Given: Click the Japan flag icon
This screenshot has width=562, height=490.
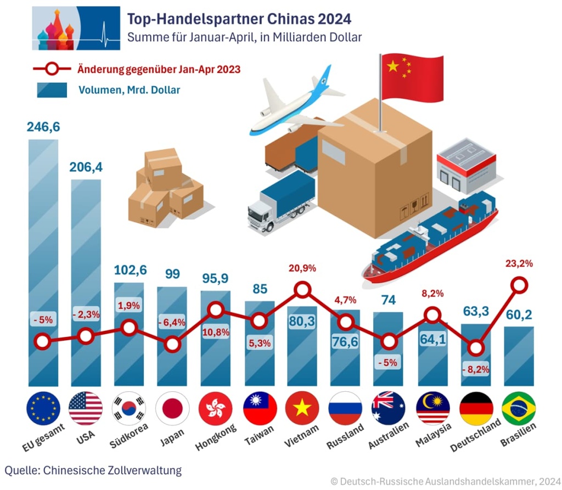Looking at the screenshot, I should click(172, 409).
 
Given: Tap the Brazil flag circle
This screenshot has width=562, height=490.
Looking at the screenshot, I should click(519, 409).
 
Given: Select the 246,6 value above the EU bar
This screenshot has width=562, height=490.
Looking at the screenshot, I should click(43, 127).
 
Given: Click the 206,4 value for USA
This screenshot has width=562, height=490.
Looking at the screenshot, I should click(86, 167).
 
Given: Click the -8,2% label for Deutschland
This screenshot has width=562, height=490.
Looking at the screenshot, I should click(476, 369).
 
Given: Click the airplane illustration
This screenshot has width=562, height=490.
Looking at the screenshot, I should click(294, 107).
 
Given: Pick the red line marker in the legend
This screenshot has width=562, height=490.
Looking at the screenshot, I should click(52, 69).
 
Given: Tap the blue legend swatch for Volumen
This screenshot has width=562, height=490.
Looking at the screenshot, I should click(52, 89).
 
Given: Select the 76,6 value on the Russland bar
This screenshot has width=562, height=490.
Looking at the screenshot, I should click(345, 341).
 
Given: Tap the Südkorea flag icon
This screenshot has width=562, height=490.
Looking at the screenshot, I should click(129, 409).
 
